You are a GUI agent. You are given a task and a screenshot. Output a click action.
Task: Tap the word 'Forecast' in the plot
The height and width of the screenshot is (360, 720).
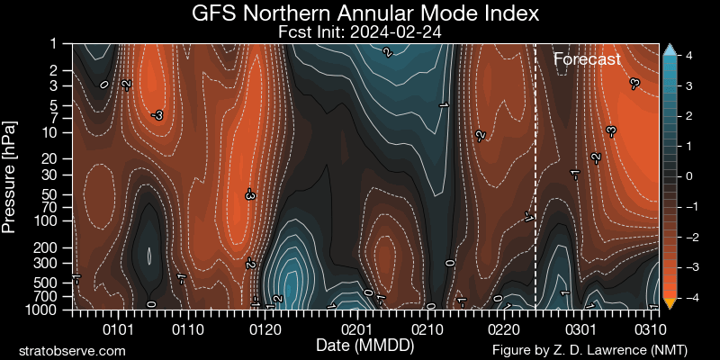[x=587, y=59]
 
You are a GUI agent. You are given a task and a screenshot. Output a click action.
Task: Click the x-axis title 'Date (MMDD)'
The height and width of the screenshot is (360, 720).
[x=360, y=346]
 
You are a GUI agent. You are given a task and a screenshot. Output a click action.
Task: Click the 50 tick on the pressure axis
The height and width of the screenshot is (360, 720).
[x=56, y=193]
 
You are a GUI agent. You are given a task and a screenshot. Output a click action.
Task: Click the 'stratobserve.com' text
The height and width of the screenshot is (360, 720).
[x=72, y=349]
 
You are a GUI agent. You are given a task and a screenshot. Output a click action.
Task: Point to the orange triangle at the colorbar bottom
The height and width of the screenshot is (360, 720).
[x=669, y=303]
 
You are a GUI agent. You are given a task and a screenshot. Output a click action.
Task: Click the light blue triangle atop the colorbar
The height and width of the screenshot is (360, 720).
[x=669, y=50]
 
